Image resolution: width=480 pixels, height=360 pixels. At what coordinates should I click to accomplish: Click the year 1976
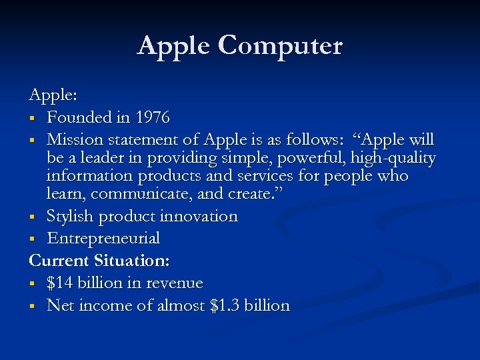pyautogui.click(x=153, y=118)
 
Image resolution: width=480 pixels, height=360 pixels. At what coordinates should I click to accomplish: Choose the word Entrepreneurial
pyautogui.click(x=103, y=239)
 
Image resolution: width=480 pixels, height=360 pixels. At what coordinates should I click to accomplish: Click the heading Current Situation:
pyautogui.click(x=99, y=261)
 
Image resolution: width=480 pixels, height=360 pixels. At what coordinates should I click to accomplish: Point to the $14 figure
pyautogui.click(x=60, y=283)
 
